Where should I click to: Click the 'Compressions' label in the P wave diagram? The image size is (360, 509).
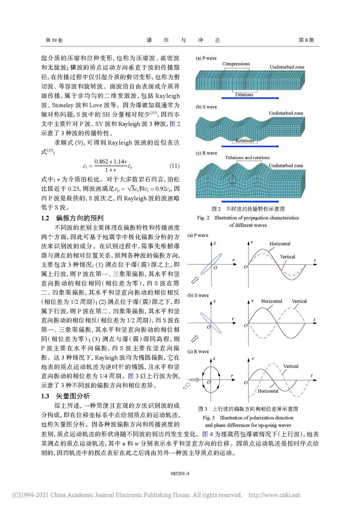pyautogui.click(x=236, y=64)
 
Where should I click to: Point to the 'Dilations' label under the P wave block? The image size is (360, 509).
pyautogui.click(x=244, y=95)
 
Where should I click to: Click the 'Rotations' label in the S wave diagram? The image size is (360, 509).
pyautogui.click(x=245, y=141)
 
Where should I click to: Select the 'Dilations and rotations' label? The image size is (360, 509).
pyautogui.click(x=248, y=158)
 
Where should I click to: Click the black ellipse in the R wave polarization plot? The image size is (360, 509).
pyautogui.click(x=210, y=379)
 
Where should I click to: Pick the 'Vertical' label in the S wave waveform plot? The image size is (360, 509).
pyautogui.click(x=299, y=301)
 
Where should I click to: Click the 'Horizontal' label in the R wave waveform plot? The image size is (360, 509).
pyautogui.click(x=268, y=391)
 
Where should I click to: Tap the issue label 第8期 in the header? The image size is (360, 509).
pyautogui.click(x=306, y=40)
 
